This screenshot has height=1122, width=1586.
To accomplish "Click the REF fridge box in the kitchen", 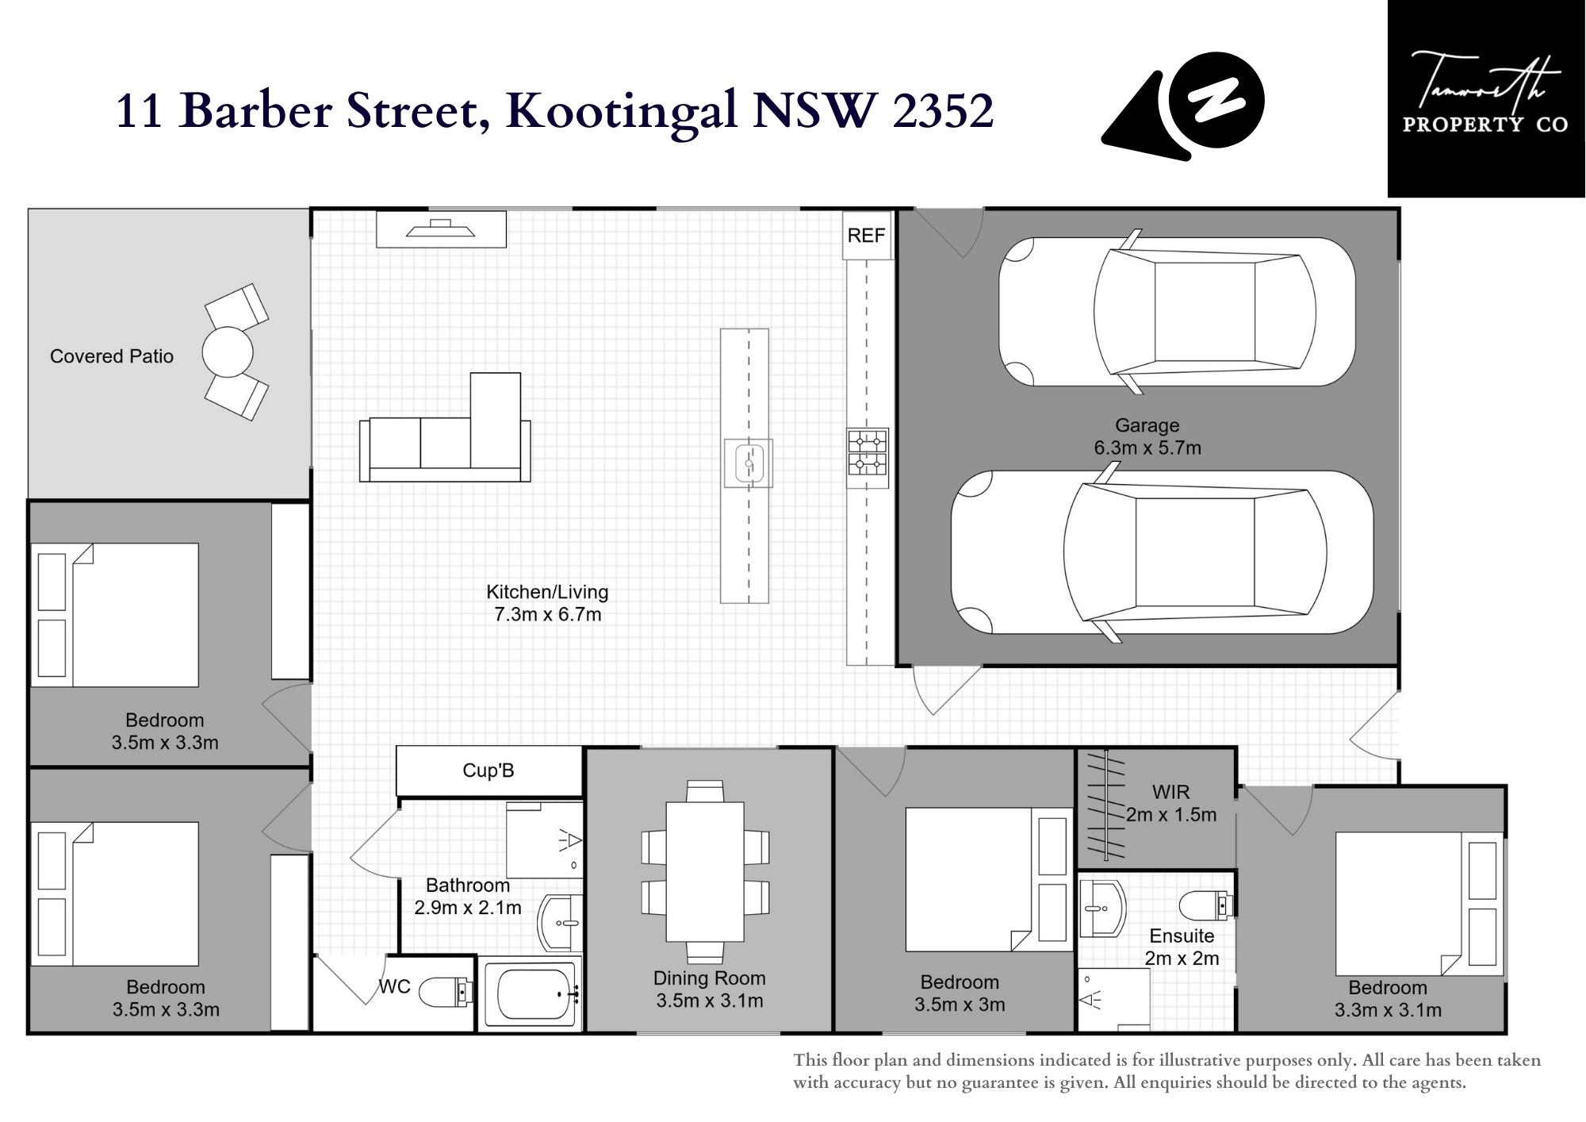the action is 867,235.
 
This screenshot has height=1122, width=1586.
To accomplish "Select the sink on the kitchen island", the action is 749,463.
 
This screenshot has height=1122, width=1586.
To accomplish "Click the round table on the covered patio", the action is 228,352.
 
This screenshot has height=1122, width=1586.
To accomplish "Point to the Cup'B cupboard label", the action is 488,770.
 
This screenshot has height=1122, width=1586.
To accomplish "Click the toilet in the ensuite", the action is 1207,905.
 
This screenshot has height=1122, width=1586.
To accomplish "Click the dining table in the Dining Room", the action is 705,871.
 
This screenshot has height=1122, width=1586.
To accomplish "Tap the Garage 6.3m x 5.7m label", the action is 1147,436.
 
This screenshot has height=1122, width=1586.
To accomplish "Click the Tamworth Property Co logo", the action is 1486,98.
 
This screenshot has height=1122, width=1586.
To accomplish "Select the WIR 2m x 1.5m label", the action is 1171,803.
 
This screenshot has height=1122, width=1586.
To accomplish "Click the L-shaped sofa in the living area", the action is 445,427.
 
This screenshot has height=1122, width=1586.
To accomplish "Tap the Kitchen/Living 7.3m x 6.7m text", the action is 547,603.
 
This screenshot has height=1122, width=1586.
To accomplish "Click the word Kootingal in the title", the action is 626,111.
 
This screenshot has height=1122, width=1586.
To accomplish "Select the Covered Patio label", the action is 112,356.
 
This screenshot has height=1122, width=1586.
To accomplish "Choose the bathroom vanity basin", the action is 560,923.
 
